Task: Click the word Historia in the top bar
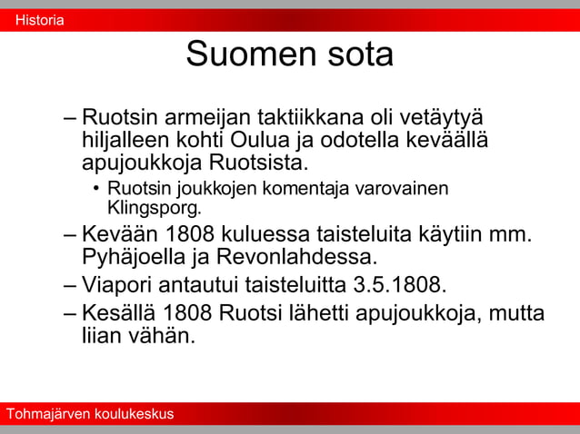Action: pyautogui.click(x=39, y=20)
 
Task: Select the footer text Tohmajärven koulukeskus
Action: pyautogui.click(x=89, y=414)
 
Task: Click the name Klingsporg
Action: pyautogui.click(x=154, y=207)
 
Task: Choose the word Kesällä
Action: pyautogui.click(x=119, y=313)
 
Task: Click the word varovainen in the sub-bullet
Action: pyautogui.click(x=401, y=188)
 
